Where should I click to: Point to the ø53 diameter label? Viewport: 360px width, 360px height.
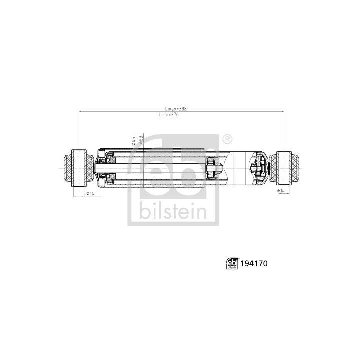[x=142, y=140]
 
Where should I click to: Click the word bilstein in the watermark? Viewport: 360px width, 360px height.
[x=172, y=212]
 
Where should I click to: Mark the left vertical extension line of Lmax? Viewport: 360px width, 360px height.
[x=79, y=130]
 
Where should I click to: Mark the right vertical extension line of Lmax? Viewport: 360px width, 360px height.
[x=284, y=130]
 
